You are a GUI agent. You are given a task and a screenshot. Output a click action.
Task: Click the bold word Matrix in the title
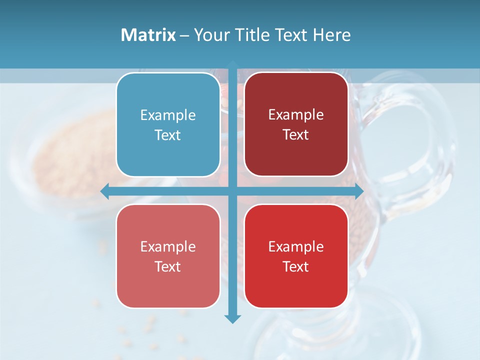tap(148, 35)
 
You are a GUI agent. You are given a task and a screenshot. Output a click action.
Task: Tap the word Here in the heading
tap(331, 35)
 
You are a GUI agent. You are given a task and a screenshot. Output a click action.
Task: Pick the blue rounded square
tap(168, 124)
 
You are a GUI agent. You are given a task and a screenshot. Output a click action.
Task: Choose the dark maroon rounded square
tap(296, 124)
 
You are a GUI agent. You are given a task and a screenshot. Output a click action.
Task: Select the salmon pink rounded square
tap(168, 256)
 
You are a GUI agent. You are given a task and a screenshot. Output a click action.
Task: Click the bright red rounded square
tap(296, 256)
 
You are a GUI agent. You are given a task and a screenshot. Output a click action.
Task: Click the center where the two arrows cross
tap(232, 191)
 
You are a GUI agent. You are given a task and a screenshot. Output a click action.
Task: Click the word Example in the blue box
tap(168, 115)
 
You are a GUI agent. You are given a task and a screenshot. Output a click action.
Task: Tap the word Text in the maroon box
tap(296, 135)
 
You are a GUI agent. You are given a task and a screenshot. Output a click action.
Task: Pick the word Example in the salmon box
tap(168, 246)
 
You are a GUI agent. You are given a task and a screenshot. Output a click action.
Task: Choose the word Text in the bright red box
tap(296, 266)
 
